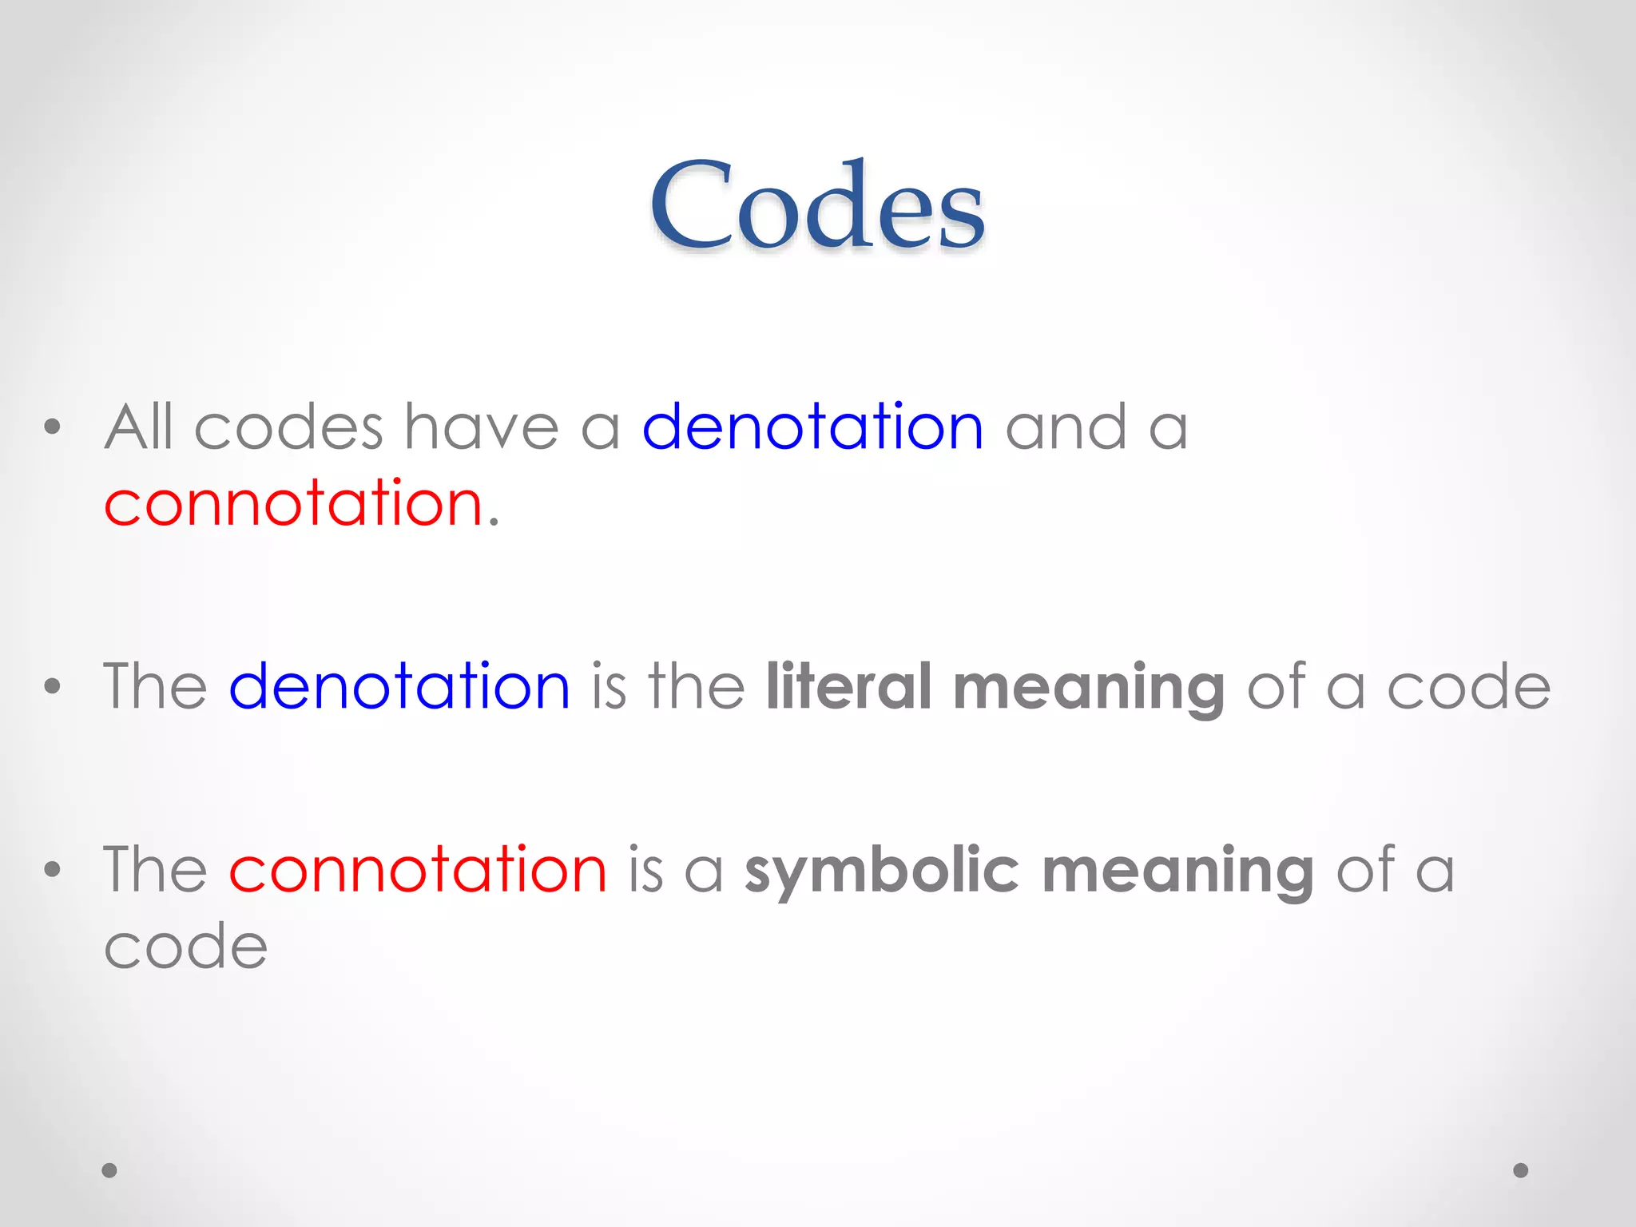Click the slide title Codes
tap(817, 205)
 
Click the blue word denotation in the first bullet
tap(812, 427)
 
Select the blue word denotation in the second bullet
tap(399, 686)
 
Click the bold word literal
tap(848, 686)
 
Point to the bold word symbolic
tap(882, 871)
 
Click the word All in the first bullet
tap(138, 427)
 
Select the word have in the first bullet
tap(481, 427)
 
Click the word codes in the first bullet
tap(288, 427)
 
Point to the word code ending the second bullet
tap(1468, 687)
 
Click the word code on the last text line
tap(185, 947)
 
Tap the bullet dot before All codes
tap(53, 427)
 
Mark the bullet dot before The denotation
tap(53, 686)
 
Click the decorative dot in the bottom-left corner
tap(109, 1170)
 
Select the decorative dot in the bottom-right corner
tap(1521, 1170)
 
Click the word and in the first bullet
tap(1066, 427)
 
